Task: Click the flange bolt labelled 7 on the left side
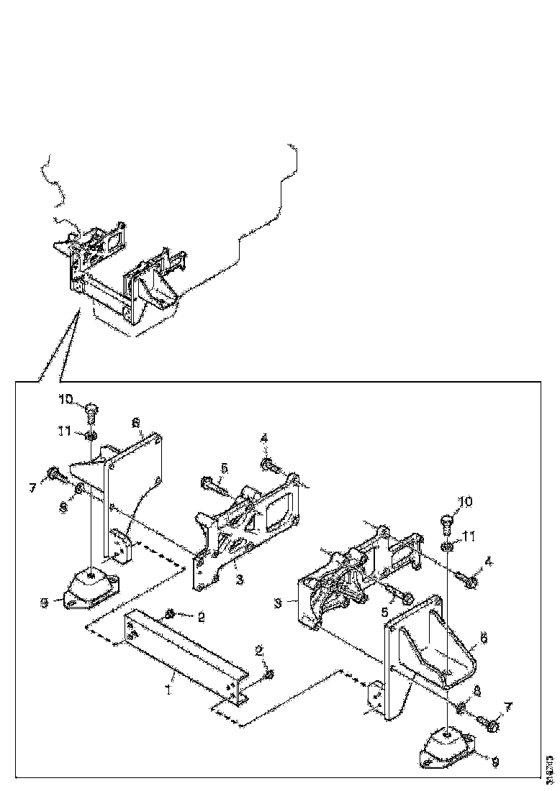[55, 473]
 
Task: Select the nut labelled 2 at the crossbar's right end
[267, 674]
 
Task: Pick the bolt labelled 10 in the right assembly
[445, 523]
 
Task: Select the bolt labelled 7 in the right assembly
[490, 726]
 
